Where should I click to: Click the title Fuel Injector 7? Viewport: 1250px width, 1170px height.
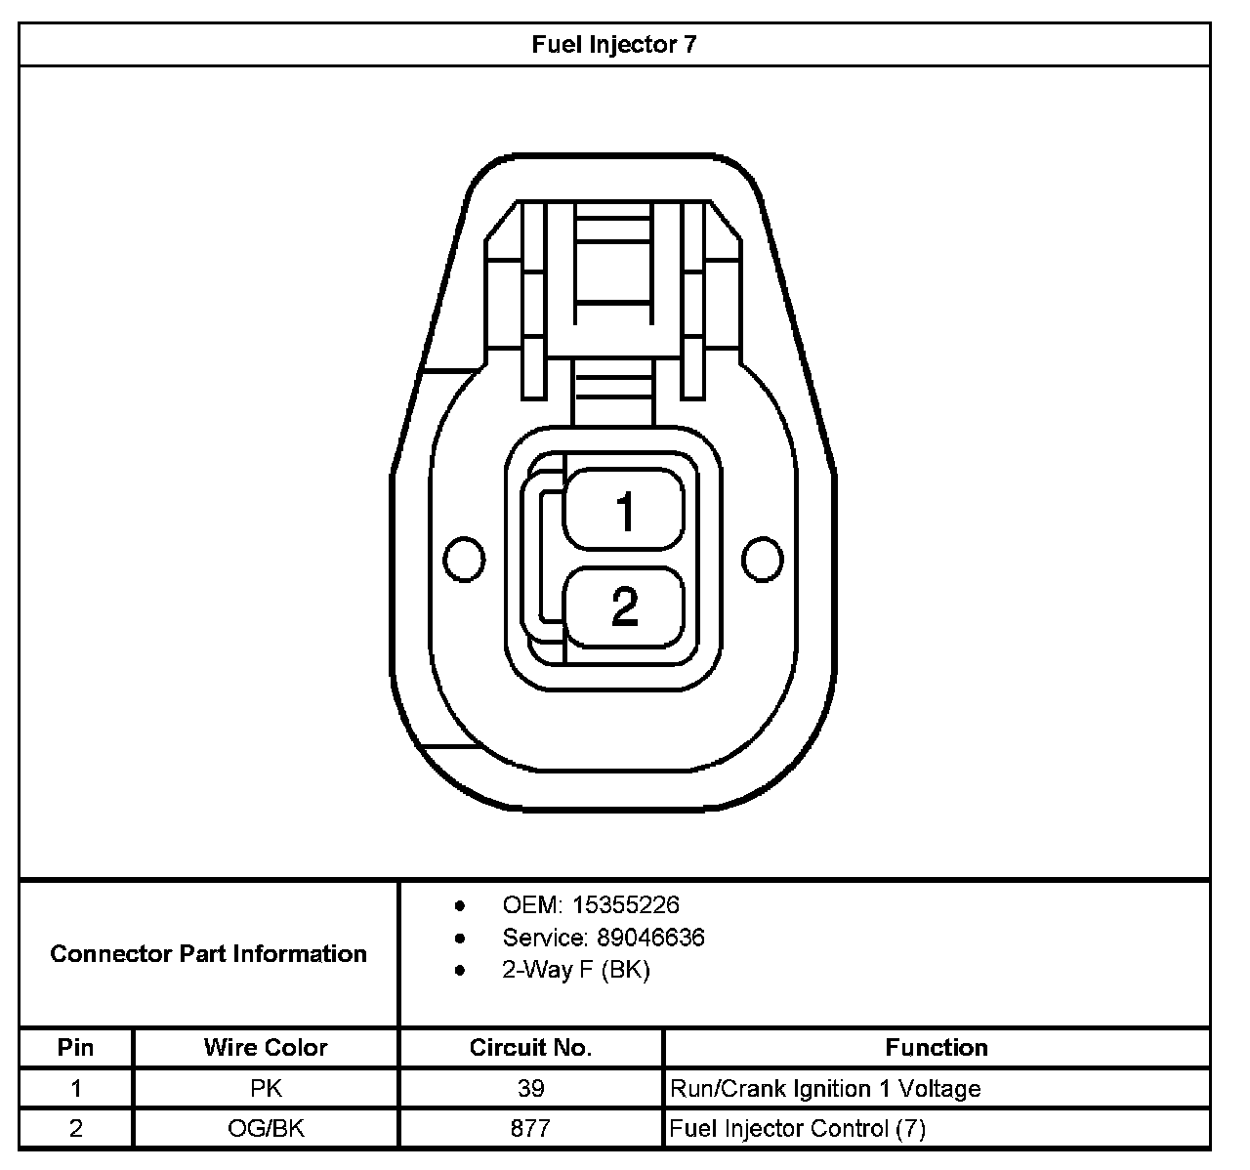[x=614, y=45]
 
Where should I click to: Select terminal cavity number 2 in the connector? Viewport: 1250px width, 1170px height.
[x=625, y=606]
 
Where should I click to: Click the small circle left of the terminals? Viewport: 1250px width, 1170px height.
[x=464, y=559]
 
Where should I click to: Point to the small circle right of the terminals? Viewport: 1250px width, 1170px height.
[x=762, y=559]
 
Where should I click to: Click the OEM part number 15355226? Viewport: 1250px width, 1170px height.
[x=626, y=905]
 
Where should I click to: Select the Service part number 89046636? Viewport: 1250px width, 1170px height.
[x=650, y=938]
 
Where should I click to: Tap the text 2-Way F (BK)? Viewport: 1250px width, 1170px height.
[x=576, y=970]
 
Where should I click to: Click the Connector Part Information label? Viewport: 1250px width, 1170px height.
[x=208, y=953]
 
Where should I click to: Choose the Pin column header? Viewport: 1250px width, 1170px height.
[x=76, y=1047]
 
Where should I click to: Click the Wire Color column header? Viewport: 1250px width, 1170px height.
[x=266, y=1047]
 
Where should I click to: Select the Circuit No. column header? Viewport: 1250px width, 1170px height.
[x=530, y=1047]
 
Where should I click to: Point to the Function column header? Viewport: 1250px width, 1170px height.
[x=937, y=1047]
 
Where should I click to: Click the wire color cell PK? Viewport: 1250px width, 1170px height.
[x=266, y=1088]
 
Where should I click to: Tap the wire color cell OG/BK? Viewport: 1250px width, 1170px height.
[x=266, y=1129]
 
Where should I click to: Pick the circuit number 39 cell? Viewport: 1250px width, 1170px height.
[x=530, y=1088]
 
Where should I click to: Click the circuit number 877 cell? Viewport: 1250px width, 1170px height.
[x=530, y=1129]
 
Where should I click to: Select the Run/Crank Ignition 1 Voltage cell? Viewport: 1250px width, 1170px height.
[x=825, y=1088]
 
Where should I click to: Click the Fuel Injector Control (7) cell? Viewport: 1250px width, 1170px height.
[x=798, y=1129]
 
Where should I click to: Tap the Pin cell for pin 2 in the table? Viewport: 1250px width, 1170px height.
[x=76, y=1129]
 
